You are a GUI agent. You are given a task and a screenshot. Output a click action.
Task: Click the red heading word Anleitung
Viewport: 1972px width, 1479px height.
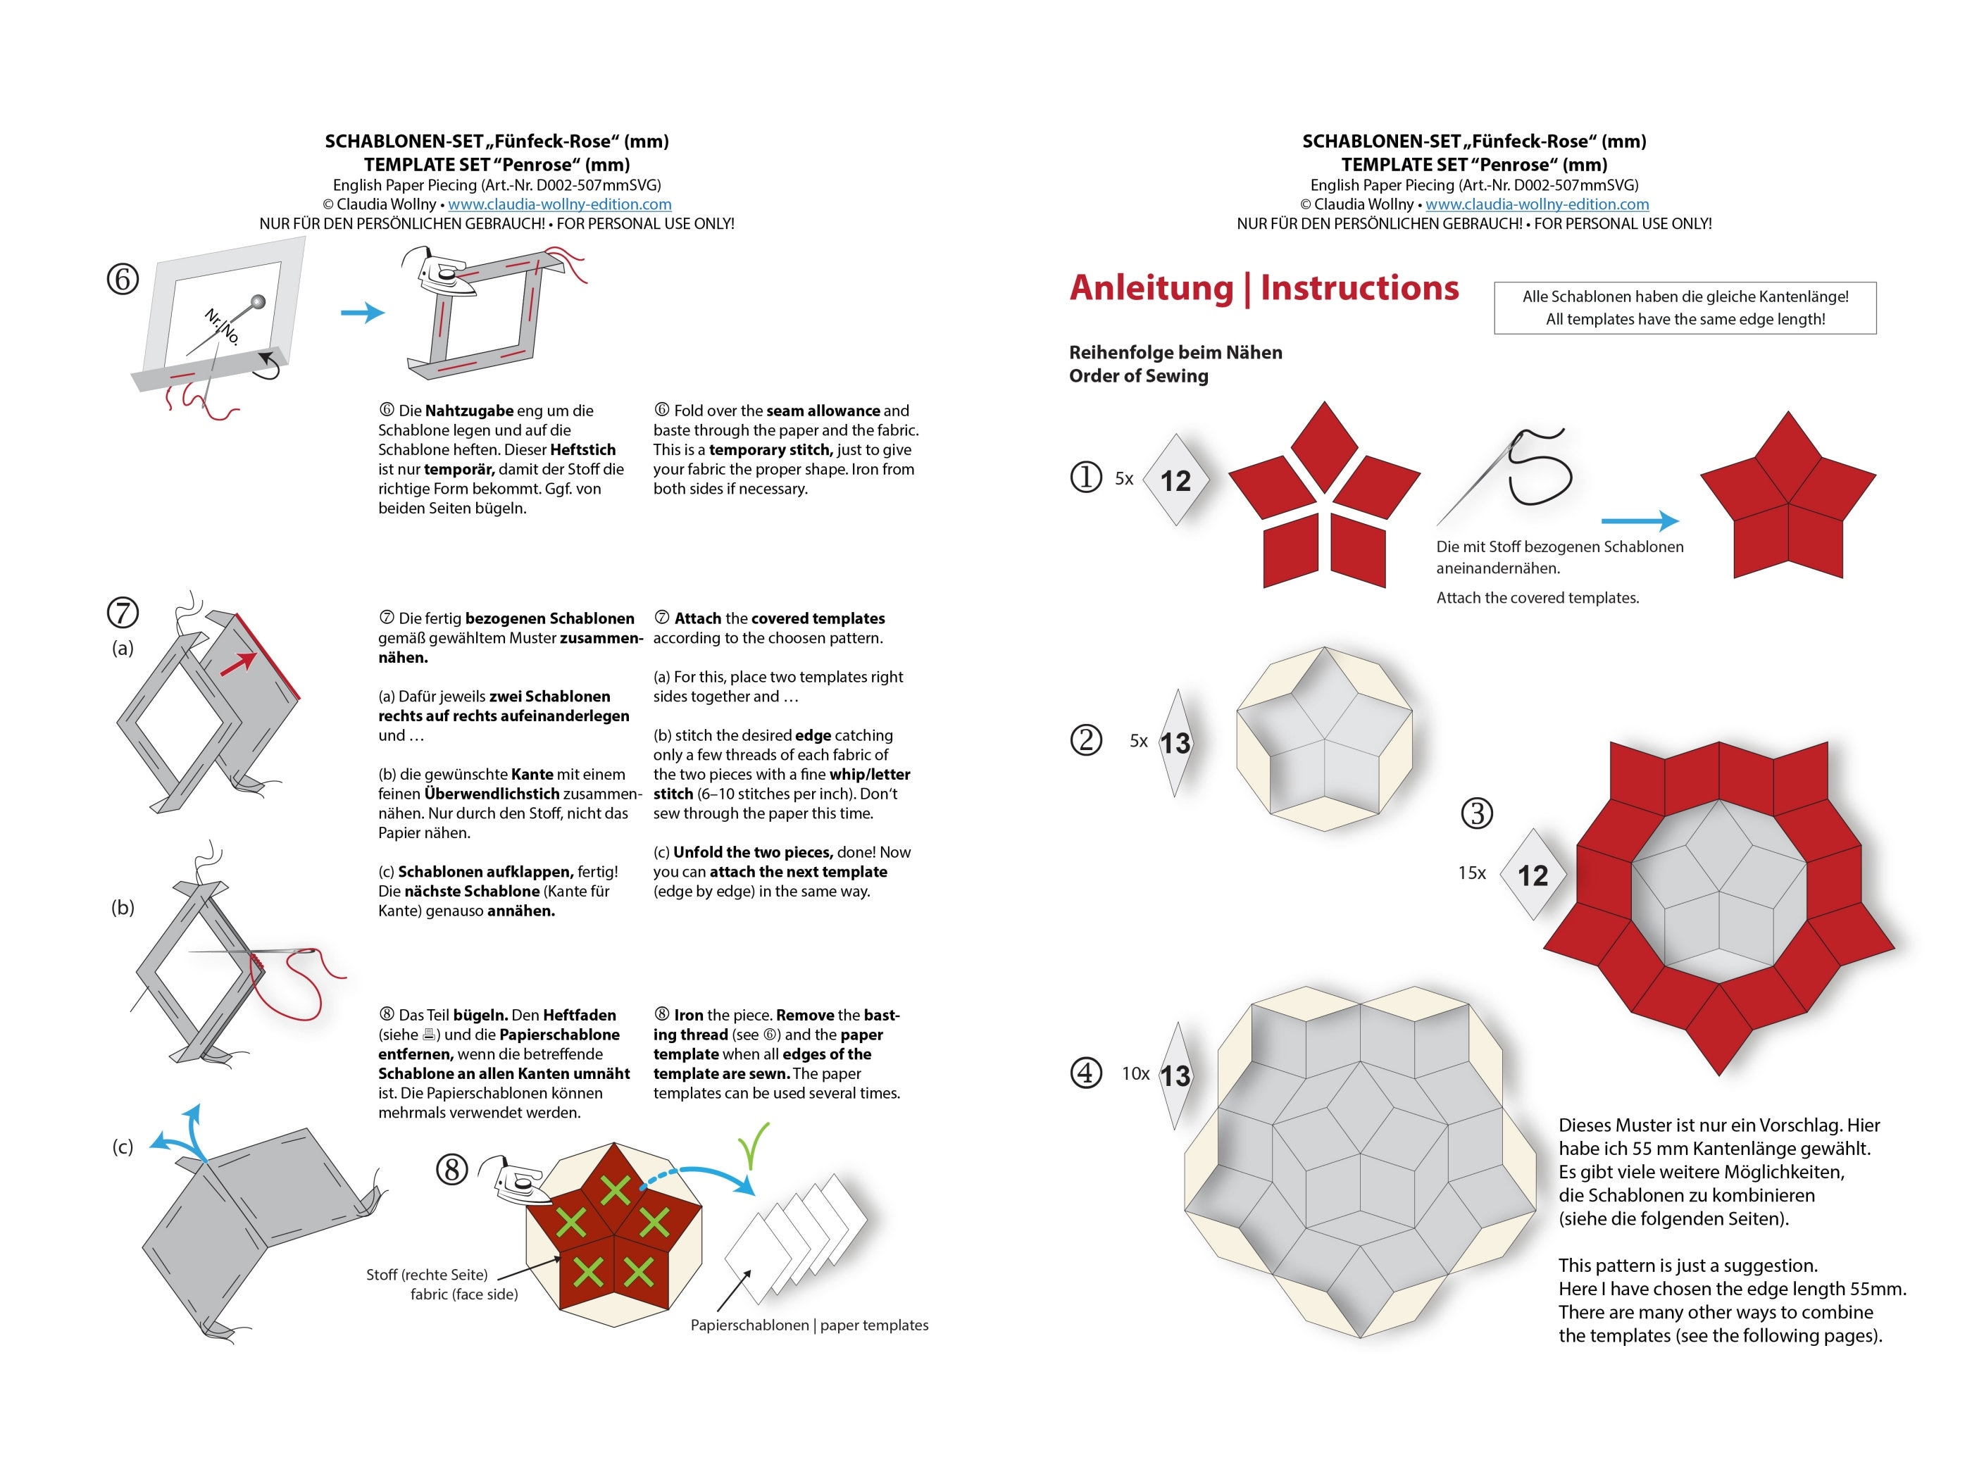coord(1151,288)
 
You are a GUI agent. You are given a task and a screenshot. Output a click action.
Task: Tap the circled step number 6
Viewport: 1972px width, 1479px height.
coord(123,279)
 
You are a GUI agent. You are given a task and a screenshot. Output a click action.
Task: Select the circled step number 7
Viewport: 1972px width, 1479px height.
coord(123,613)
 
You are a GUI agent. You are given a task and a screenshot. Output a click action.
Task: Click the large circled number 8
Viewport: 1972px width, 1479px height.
coord(452,1168)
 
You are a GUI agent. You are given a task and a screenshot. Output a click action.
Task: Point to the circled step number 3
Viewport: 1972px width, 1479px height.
coord(1477,812)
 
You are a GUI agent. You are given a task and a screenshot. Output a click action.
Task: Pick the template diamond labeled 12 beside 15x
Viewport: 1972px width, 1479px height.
coord(1533,875)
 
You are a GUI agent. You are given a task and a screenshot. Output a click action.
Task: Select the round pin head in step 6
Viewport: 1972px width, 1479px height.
coord(258,302)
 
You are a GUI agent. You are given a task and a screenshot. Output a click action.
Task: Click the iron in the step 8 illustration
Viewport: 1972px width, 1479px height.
coord(523,1184)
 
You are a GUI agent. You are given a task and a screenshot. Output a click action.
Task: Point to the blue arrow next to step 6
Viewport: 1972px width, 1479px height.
coord(363,312)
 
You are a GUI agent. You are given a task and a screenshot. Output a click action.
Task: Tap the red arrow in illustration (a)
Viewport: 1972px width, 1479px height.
coord(239,664)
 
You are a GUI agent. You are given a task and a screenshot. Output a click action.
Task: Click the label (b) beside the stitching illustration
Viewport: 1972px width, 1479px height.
coord(123,908)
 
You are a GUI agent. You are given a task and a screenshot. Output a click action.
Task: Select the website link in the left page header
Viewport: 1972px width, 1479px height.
coord(559,204)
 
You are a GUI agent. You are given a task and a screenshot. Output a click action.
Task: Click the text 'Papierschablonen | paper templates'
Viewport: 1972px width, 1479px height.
coord(809,1325)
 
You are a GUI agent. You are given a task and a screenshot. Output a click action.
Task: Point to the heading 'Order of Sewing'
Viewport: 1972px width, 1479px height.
coord(1138,376)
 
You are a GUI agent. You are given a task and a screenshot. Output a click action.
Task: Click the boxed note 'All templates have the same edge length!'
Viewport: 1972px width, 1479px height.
coord(1685,319)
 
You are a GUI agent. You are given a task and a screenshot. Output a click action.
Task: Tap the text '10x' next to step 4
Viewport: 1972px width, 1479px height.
coord(1135,1073)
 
